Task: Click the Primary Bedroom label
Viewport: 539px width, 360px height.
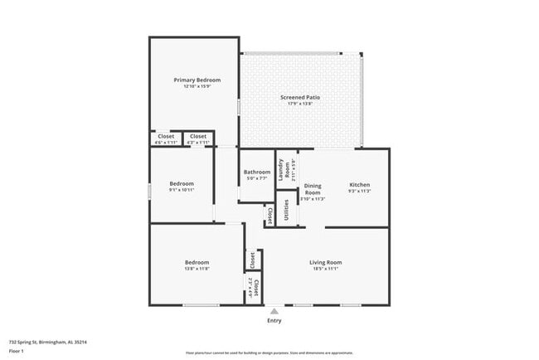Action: coord(197,80)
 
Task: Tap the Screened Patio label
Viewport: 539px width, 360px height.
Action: coord(300,97)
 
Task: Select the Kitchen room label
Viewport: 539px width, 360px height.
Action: coord(359,184)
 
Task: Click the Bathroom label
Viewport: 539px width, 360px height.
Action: coord(256,173)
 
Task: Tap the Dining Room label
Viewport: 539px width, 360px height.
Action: coord(312,189)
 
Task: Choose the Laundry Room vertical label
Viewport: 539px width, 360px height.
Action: coord(281,169)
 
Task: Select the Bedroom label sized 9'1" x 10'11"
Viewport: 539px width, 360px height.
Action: coord(182,183)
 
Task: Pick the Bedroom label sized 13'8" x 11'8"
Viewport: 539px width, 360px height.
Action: coord(197,262)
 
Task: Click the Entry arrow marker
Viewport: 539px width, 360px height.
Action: coord(274,310)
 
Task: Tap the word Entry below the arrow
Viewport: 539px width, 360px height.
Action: coord(274,320)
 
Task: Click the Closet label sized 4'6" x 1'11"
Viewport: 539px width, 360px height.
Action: coord(166,136)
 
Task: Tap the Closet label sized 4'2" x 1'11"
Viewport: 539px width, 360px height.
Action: coord(197,136)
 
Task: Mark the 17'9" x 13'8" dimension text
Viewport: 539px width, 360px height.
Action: coord(300,104)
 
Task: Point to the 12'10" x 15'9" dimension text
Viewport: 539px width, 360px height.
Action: coord(197,86)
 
